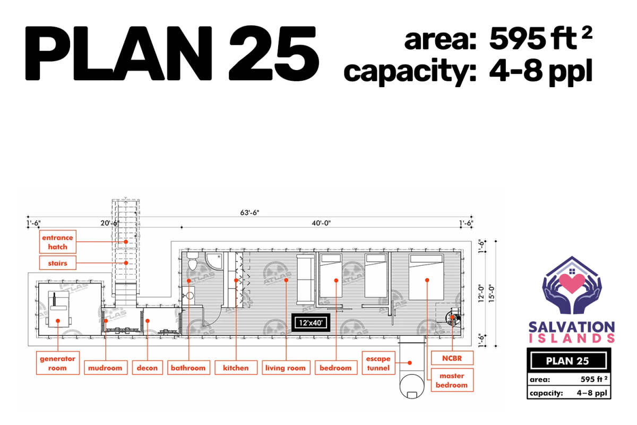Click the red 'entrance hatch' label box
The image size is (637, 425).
[58, 242]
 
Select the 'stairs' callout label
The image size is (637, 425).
[58, 263]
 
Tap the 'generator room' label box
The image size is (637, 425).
[58, 363]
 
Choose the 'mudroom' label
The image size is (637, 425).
[106, 368]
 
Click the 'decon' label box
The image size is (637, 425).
[148, 368]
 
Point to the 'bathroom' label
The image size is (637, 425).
[188, 368]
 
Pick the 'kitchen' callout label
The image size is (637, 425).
[236, 368]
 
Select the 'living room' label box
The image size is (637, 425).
[286, 368]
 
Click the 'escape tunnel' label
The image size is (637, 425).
[378, 363]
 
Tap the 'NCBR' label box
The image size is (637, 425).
[452, 358]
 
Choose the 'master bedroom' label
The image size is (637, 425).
[452, 380]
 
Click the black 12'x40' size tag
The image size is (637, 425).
[311, 323]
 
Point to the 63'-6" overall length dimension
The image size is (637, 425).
[249, 212]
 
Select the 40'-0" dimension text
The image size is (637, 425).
[321, 223]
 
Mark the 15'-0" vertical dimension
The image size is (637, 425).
[492, 294]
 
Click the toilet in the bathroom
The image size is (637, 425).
[193, 260]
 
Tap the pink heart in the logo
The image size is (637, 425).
[572, 283]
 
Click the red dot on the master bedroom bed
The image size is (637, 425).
[427, 280]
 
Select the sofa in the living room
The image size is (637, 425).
[306, 279]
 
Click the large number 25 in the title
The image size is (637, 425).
[274, 53]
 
